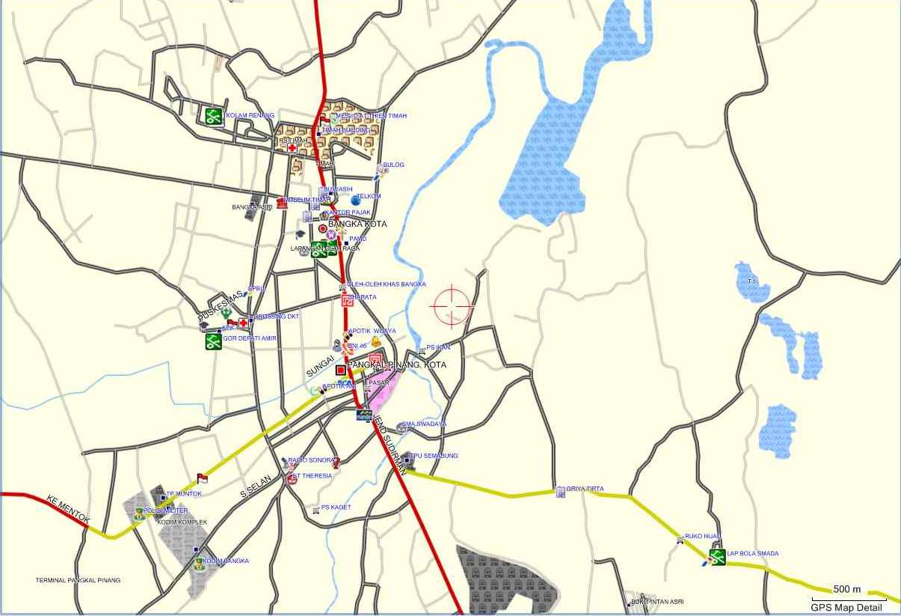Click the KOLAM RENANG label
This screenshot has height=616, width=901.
250,115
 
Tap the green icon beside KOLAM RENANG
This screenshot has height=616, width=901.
215,116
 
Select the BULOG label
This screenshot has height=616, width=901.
393,165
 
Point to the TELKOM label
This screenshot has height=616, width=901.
369,196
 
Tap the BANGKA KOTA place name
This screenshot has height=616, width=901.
357,224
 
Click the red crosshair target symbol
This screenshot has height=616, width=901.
452,307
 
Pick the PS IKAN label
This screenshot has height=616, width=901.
438,348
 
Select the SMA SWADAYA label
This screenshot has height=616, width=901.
424,424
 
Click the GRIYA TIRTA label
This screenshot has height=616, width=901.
585,489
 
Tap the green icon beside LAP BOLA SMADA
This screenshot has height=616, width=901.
718,557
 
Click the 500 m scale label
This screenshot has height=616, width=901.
847,589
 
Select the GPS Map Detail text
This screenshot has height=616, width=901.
846,608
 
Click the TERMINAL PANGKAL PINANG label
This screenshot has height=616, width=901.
78,580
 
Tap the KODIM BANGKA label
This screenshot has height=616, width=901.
226,561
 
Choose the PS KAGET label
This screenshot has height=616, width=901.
336,507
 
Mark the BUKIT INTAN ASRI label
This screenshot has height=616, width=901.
657,602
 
